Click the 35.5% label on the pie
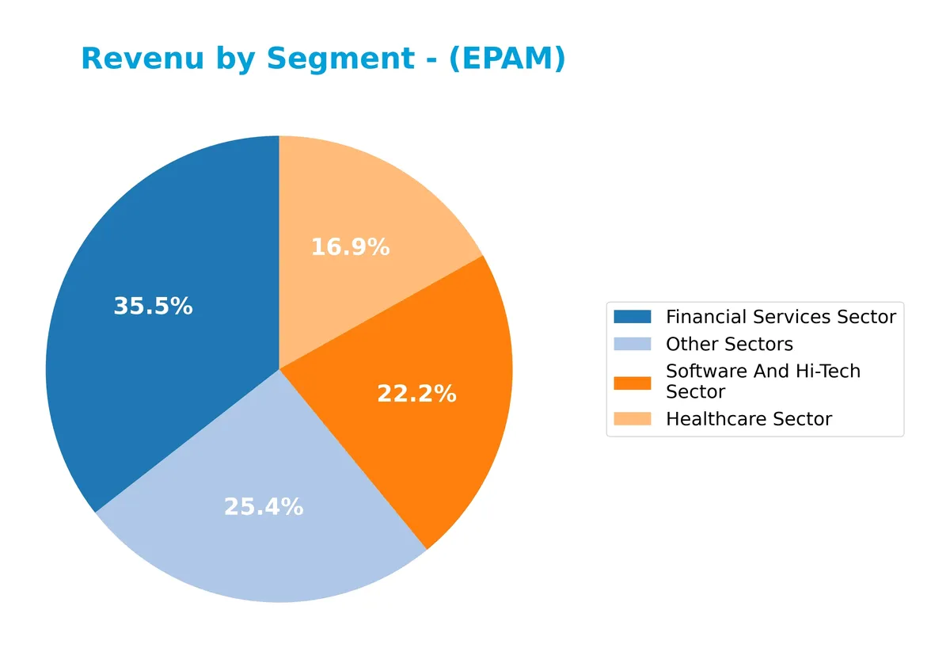click(x=153, y=307)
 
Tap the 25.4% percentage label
click(x=264, y=507)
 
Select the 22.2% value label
click(x=416, y=394)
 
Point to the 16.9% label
click(x=350, y=247)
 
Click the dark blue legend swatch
click(x=632, y=317)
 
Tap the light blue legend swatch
click(x=632, y=344)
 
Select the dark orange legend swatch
click(x=632, y=382)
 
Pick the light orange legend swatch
click(x=632, y=419)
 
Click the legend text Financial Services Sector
click(x=781, y=317)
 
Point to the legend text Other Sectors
click(x=729, y=344)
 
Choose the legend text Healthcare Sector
click(x=749, y=419)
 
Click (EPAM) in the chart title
click(x=507, y=59)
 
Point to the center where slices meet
click(x=279, y=369)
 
